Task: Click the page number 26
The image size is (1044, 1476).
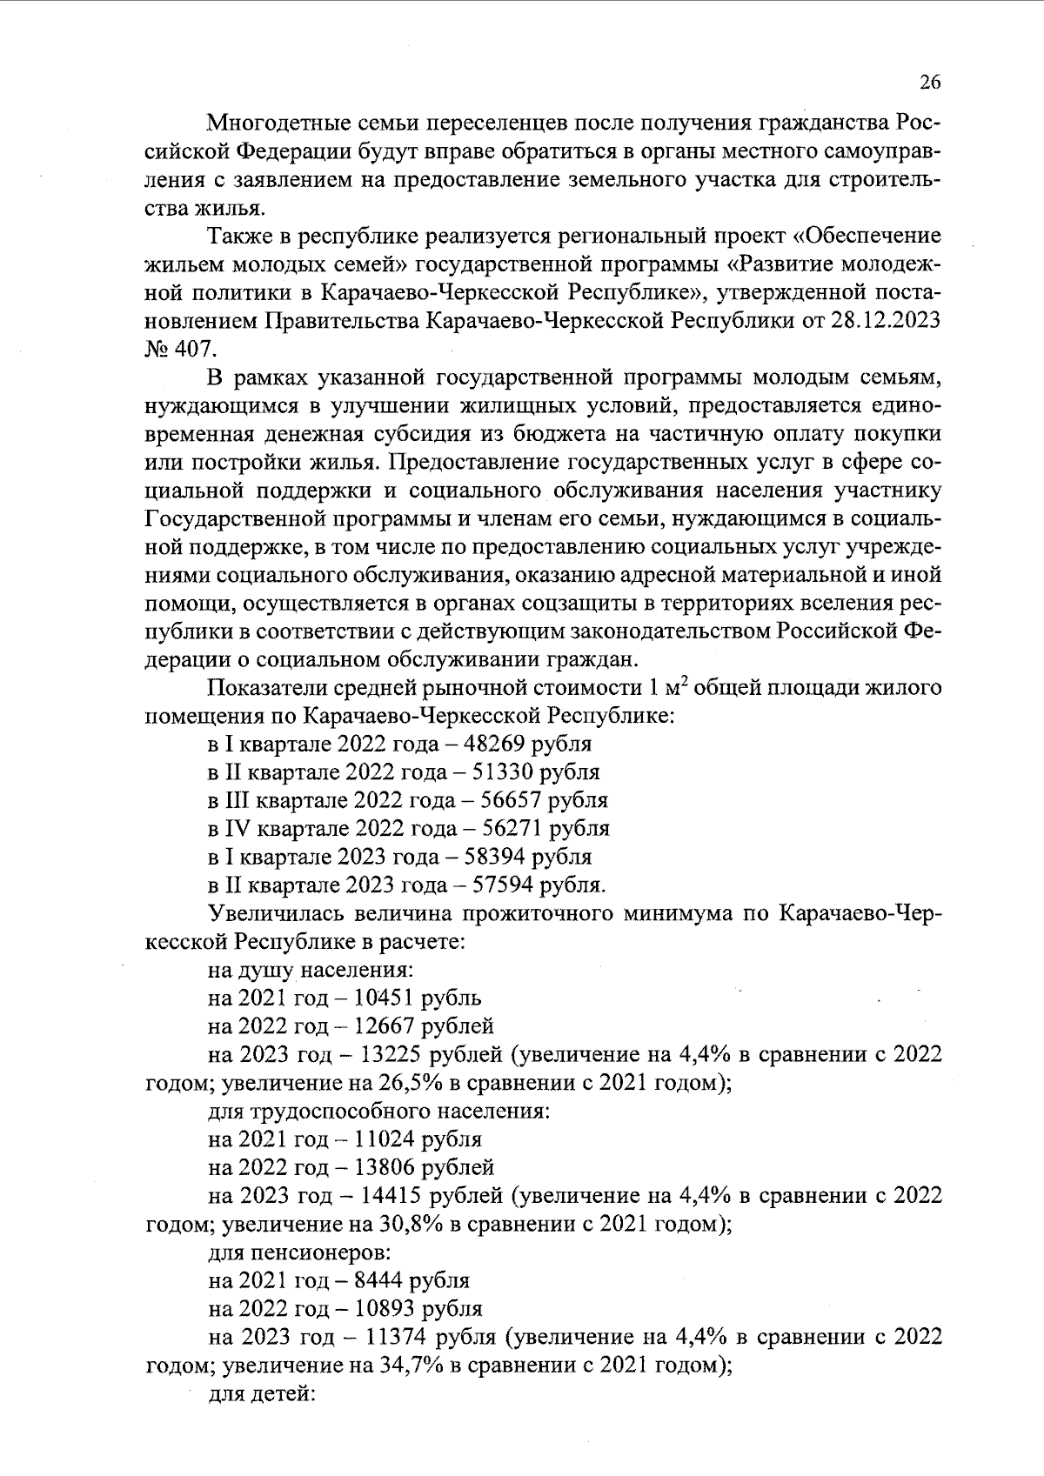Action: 929,83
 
